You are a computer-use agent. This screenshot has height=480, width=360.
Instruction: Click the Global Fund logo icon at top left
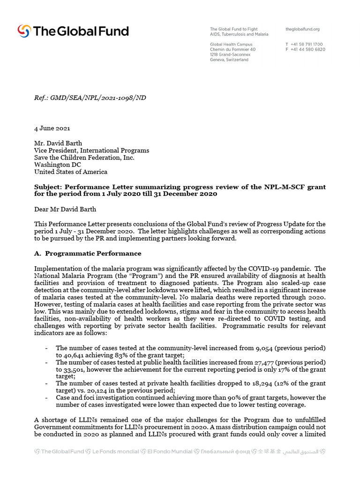[x=24, y=31]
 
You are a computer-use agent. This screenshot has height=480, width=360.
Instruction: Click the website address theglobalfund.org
[x=302, y=29]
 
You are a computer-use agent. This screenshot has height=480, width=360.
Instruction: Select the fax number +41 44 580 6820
[x=308, y=50]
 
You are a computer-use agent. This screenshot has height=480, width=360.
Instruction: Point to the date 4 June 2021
[x=52, y=128]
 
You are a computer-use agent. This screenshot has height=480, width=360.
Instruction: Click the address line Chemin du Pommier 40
[x=232, y=50]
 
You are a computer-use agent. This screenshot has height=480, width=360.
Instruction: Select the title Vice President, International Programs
[x=91, y=150]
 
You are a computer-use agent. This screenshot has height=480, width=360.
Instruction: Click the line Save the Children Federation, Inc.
[x=84, y=157]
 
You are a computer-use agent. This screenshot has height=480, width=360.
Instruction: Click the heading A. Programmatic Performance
[x=88, y=254]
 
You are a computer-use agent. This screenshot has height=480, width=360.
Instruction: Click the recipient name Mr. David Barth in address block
[x=58, y=143]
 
